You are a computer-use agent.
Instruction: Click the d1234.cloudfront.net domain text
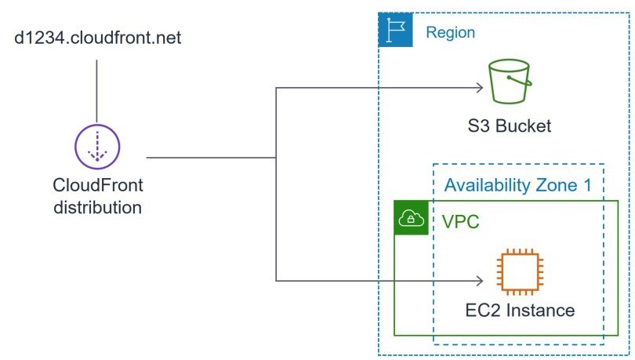click(x=99, y=37)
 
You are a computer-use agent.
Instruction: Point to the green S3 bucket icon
click(x=509, y=82)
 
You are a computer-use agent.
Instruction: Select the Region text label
click(x=450, y=33)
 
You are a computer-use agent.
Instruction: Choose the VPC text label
click(x=461, y=221)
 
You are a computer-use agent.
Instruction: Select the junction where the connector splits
click(x=276, y=158)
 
